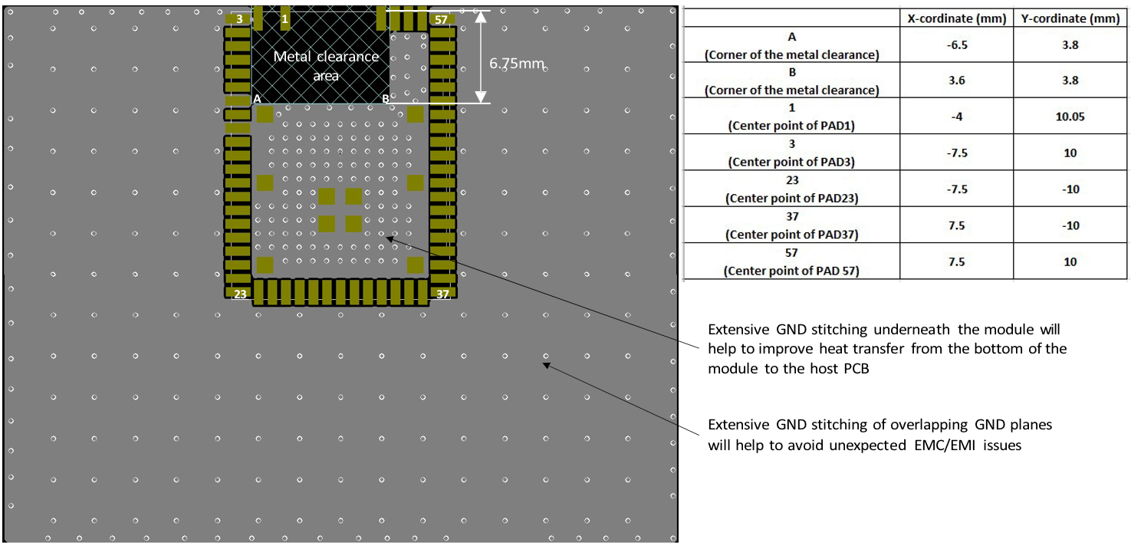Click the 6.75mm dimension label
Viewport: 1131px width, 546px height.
pyautogui.click(x=516, y=63)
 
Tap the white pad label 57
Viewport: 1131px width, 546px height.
pyautogui.click(x=440, y=18)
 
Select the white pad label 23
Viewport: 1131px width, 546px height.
pyautogui.click(x=240, y=294)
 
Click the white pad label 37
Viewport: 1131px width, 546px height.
pyautogui.click(x=442, y=294)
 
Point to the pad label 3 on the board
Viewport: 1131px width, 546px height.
pyautogui.click(x=240, y=18)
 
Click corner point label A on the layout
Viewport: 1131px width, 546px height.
pyautogui.click(x=257, y=99)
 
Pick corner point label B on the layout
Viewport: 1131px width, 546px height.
pyautogui.click(x=386, y=99)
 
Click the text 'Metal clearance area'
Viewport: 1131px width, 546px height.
pyautogui.click(x=326, y=66)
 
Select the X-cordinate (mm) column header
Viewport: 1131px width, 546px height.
pyautogui.click(x=956, y=19)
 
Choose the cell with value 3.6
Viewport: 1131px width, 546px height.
pyautogui.click(x=956, y=81)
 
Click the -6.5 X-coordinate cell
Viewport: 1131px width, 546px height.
pyautogui.click(x=956, y=44)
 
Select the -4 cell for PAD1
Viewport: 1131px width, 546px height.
pyautogui.click(x=956, y=117)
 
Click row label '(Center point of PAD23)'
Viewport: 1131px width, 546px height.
pyautogui.click(x=791, y=198)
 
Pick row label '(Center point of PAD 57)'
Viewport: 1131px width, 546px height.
pyautogui.click(x=791, y=271)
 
